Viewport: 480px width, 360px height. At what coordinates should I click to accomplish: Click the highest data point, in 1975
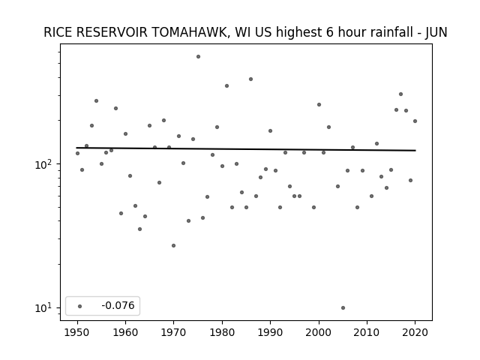click(x=198, y=57)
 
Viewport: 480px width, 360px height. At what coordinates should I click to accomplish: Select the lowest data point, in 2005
click(x=343, y=308)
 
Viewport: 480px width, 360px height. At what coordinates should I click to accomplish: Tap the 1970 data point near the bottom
click(x=173, y=245)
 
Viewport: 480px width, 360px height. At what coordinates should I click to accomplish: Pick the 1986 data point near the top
click(x=250, y=79)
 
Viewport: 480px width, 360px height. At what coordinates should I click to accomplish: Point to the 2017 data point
click(x=400, y=94)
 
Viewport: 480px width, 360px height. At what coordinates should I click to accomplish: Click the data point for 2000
click(x=319, y=105)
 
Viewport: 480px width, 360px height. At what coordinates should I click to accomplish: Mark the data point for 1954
click(x=97, y=100)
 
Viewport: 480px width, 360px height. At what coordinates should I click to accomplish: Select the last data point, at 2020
click(x=415, y=121)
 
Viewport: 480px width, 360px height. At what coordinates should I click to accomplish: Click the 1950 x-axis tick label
click(x=77, y=332)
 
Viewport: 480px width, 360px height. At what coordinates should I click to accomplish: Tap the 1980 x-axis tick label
click(x=222, y=332)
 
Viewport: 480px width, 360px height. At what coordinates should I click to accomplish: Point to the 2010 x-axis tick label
click(x=367, y=332)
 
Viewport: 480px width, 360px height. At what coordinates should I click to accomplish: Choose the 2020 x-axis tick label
click(x=415, y=332)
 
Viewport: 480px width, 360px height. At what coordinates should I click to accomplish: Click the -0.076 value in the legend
click(x=118, y=305)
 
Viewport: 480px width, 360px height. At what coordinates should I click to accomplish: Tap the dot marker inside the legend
click(x=80, y=306)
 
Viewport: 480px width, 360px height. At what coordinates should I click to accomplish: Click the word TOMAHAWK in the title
click(x=190, y=32)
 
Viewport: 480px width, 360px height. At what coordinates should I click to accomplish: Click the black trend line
click(x=246, y=149)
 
